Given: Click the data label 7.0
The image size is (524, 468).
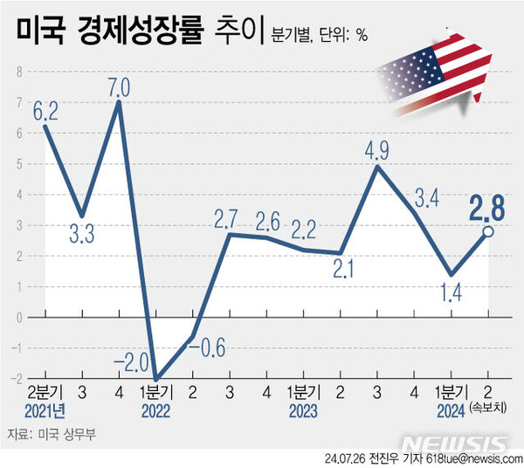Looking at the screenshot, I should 119,87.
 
